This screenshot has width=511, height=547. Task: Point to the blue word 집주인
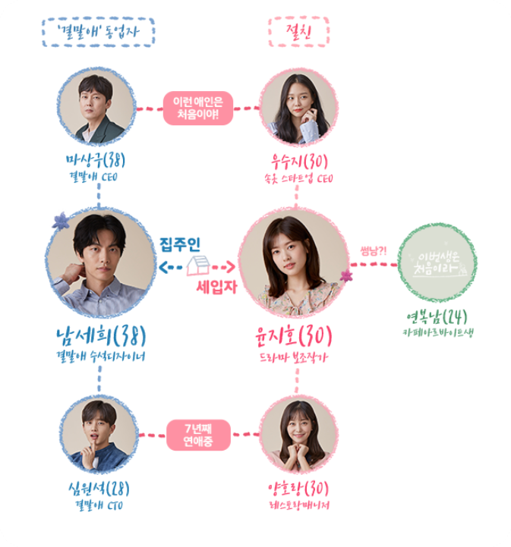coord(179,244)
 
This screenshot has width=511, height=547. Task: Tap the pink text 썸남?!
coord(374,251)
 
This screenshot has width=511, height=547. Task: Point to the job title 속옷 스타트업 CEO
coord(298,179)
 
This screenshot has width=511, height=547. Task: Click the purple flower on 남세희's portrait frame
coord(60,221)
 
